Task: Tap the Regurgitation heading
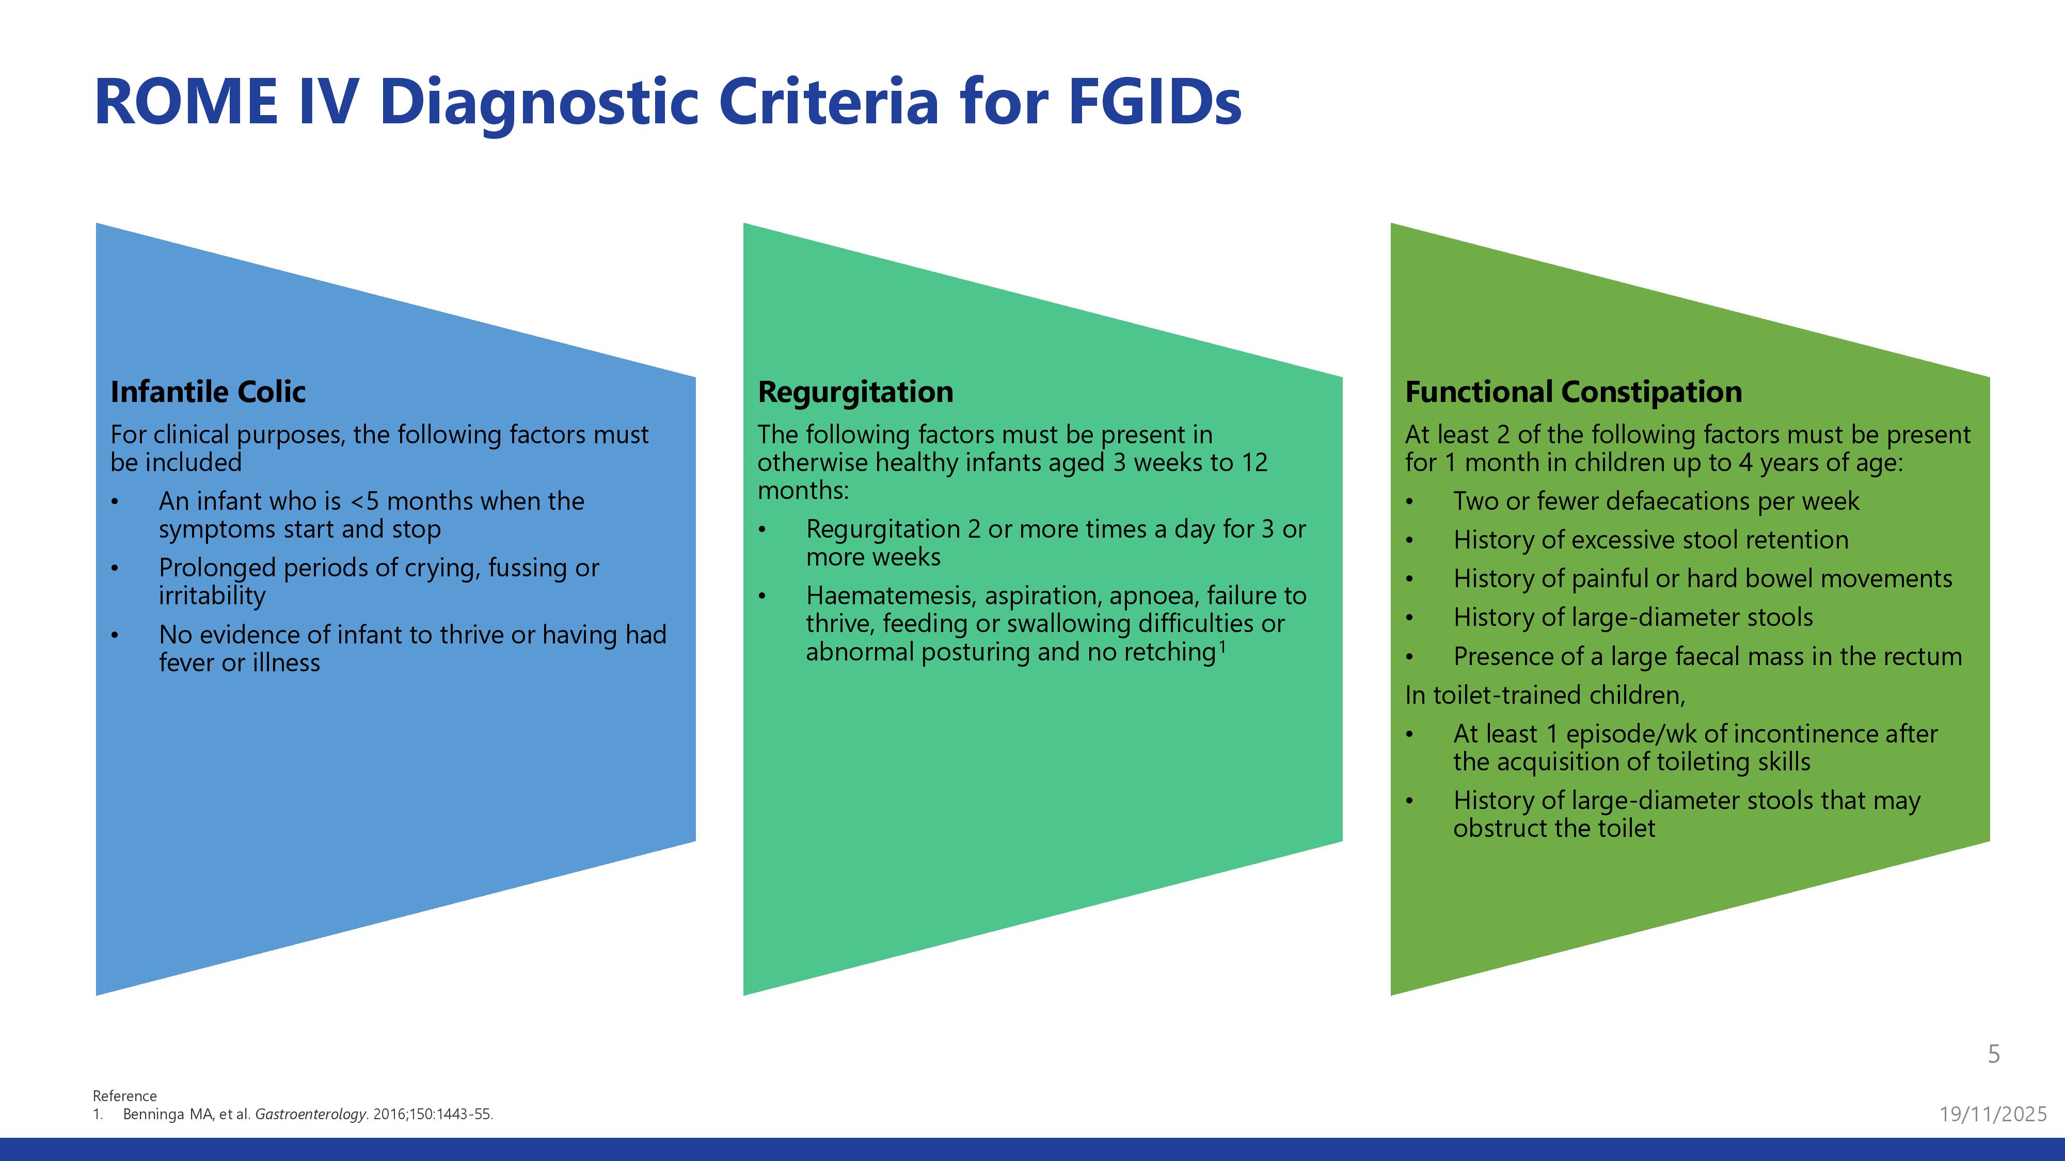coord(855,392)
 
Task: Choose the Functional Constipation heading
coord(1573,392)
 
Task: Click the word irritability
coord(212,596)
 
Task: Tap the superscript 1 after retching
coord(1222,645)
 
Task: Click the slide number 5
coord(1994,1054)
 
